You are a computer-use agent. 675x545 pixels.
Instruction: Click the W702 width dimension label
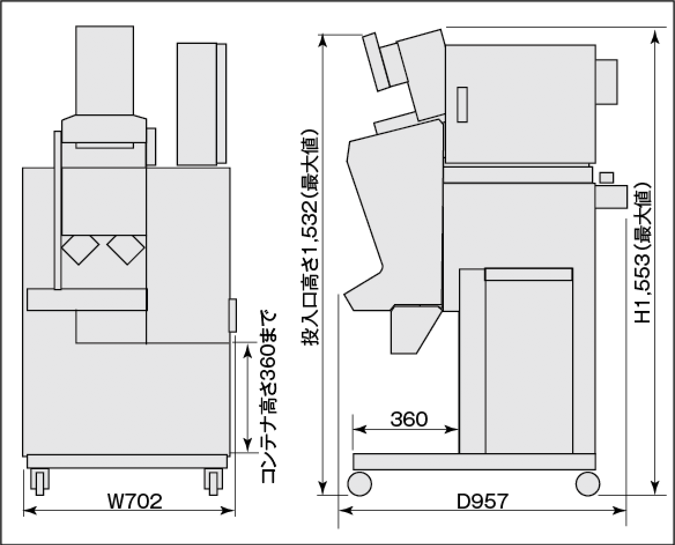135,500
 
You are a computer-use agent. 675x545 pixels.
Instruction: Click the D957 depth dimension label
482,501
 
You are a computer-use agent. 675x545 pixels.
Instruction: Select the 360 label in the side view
409,419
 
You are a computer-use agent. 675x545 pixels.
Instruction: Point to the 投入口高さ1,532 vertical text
310,237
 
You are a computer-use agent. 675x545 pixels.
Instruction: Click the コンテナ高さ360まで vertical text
268,396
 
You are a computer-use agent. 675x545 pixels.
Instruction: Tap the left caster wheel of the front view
40,481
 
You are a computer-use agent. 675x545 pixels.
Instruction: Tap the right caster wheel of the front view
213,481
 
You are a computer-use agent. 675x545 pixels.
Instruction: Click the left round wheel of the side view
359,483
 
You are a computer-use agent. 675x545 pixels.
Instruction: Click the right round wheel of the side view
588,483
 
